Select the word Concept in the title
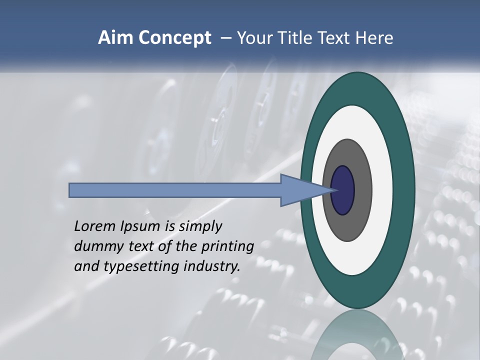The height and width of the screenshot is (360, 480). (175, 38)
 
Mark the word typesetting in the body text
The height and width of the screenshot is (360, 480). (141, 267)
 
